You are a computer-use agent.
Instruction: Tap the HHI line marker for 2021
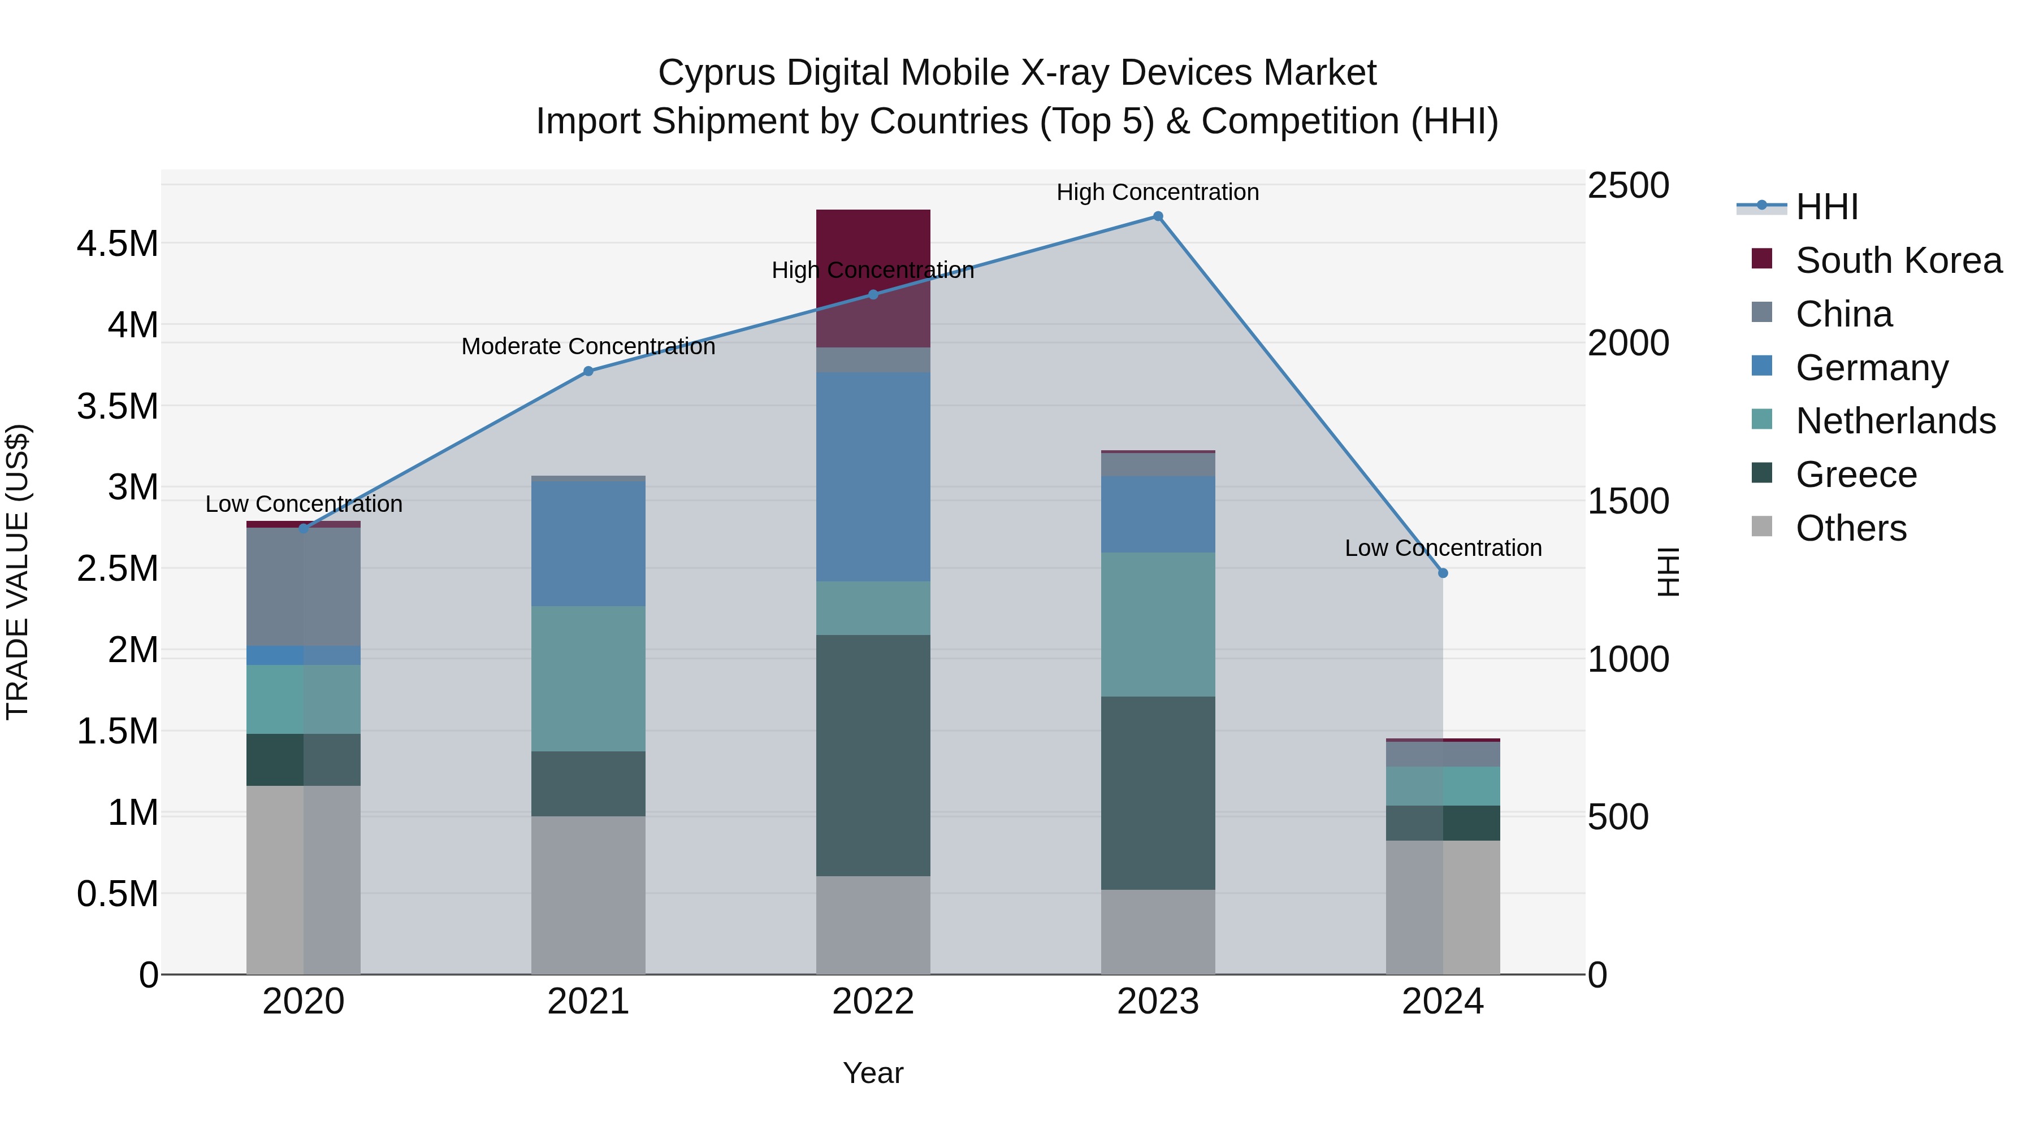(588, 371)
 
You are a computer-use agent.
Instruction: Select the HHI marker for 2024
(1443, 573)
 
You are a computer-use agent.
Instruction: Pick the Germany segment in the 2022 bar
(873, 477)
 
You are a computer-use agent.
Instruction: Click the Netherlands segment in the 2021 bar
(588, 679)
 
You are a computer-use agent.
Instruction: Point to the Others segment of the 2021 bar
(588, 895)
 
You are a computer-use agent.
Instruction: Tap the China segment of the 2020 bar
(304, 588)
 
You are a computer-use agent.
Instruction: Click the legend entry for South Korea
(1898, 260)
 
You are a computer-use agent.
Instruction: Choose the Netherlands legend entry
(1895, 421)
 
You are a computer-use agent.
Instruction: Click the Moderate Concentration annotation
(588, 347)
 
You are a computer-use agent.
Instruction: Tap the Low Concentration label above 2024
(1443, 548)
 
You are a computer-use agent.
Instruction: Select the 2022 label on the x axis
(873, 1002)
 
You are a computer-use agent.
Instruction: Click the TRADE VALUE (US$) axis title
(18, 572)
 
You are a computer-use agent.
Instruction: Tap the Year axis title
(873, 1073)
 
